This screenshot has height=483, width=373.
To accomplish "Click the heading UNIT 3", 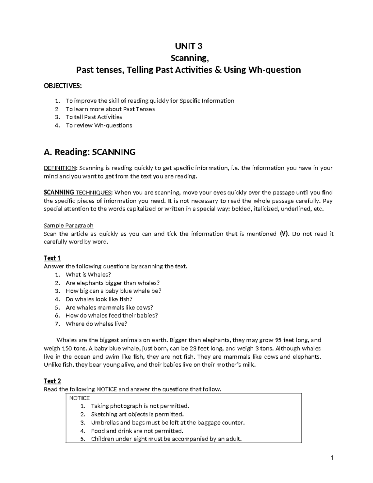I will tap(189, 46).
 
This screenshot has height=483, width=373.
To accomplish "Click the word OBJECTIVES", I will tap(63, 86).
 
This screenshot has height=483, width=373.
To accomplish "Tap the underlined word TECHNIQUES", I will tap(93, 193).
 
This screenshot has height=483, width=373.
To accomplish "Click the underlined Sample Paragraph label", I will tap(68, 225).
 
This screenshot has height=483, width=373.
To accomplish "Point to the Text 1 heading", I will tap(52, 258).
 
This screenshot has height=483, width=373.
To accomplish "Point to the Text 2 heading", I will tap(52, 381).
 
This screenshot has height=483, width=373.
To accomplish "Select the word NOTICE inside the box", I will tap(79, 398).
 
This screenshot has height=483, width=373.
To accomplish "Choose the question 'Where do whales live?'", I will tap(96, 324).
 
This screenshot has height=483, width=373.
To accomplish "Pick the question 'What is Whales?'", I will tap(88, 275).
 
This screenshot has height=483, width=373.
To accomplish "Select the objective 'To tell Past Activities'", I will tap(94, 117).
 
